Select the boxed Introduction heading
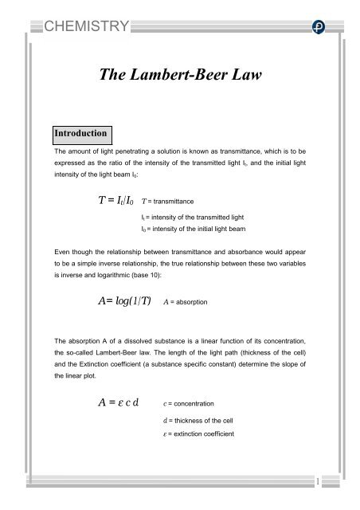click(82, 131)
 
